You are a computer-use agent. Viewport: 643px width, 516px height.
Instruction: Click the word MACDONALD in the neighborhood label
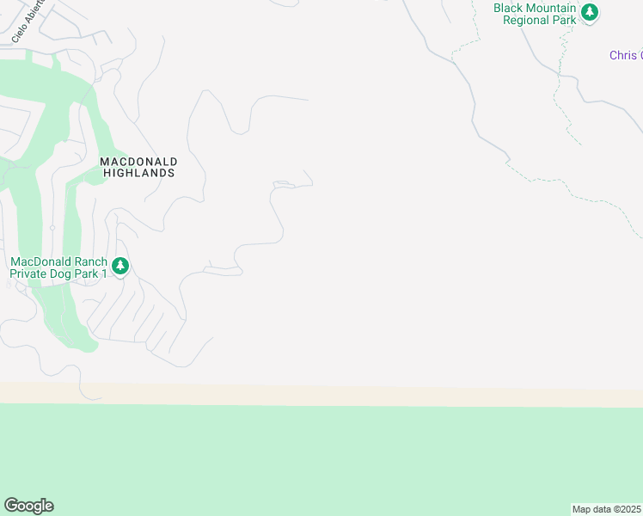(x=138, y=161)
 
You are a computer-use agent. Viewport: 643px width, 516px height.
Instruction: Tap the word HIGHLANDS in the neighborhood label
(x=138, y=173)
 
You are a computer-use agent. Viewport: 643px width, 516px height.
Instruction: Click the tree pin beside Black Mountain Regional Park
(x=590, y=12)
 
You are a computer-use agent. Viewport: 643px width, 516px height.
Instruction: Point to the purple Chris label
(x=625, y=55)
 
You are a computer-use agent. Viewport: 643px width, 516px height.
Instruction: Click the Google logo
(x=28, y=506)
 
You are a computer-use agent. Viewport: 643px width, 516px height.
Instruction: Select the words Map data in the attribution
(x=591, y=509)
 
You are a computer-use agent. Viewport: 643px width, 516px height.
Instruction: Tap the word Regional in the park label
(x=526, y=20)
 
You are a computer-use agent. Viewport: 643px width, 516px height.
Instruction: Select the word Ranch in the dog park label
(x=90, y=262)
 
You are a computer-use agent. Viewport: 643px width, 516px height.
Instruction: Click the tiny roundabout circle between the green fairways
(x=52, y=228)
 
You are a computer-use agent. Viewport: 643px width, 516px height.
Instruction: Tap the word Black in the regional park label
(x=510, y=8)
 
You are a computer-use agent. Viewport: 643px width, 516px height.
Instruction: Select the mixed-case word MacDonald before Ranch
(x=41, y=262)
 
